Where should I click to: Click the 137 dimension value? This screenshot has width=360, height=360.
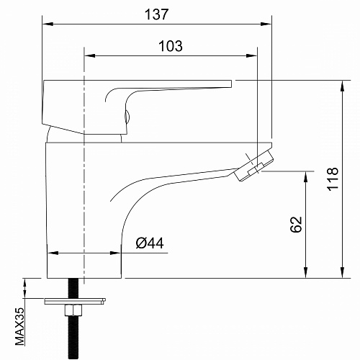pos(156,14)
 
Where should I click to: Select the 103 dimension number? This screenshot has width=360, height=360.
pos(171,46)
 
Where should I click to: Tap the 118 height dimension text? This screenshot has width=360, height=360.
pos(333,179)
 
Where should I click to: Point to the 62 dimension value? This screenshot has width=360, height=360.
pos(296,224)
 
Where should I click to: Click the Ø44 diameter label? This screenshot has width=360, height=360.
pos(150,243)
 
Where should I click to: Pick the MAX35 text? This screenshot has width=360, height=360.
pos(19,326)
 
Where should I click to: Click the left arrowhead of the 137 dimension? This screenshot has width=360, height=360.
pos(48,24)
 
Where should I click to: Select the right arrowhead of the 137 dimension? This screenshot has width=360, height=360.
pos(266,24)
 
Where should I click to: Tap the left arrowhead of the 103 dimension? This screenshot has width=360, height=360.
pos(90,56)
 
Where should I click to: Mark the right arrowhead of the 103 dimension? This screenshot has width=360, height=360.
pos(252,56)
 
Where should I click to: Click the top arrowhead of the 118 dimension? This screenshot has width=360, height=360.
pos(343,86)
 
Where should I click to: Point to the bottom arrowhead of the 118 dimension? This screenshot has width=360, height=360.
pos(343,273)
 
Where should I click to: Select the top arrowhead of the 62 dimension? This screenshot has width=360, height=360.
pos(305,176)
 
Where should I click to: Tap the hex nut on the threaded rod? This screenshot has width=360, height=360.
pos(73,310)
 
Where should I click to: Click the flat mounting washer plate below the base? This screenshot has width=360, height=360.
pos(75,301)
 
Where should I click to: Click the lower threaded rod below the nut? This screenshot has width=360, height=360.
pos(73,338)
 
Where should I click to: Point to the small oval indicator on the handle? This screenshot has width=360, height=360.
pos(127,117)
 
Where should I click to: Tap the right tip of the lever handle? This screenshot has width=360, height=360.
pos(232,84)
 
